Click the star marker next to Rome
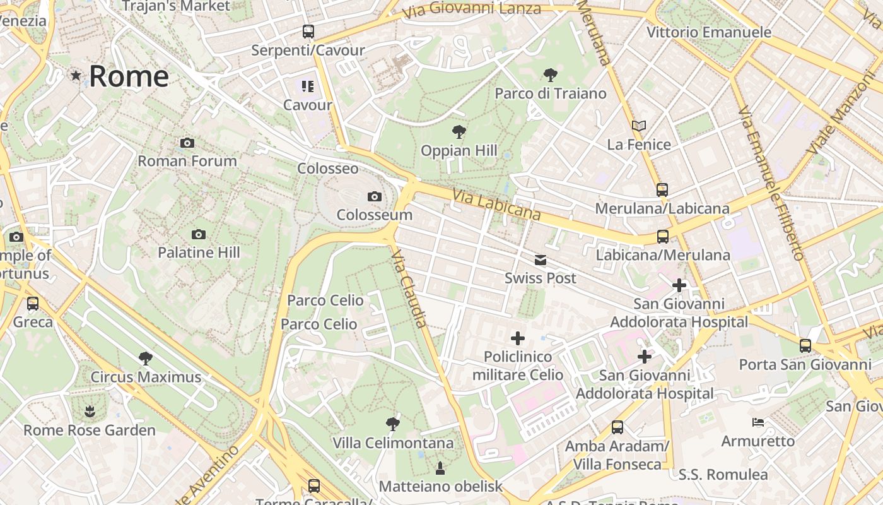(x=76, y=76)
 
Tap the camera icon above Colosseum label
(x=375, y=197)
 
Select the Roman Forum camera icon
(x=187, y=143)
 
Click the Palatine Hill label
(x=199, y=252)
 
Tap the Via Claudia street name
(x=410, y=288)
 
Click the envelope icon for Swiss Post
(x=541, y=260)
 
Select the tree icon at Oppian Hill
(x=459, y=132)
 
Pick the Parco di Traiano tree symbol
(x=550, y=75)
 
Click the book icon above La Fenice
(x=639, y=126)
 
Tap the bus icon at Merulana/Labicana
(x=662, y=189)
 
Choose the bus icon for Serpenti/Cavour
(x=308, y=31)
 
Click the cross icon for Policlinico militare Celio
(x=518, y=338)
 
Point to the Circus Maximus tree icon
(x=146, y=359)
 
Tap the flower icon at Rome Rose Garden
(x=90, y=412)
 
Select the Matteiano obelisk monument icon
(x=440, y=468)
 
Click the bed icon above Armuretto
(x=758, y=422)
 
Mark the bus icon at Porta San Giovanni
(x=805, y=345)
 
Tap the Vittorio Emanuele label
(x=709, y=32)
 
